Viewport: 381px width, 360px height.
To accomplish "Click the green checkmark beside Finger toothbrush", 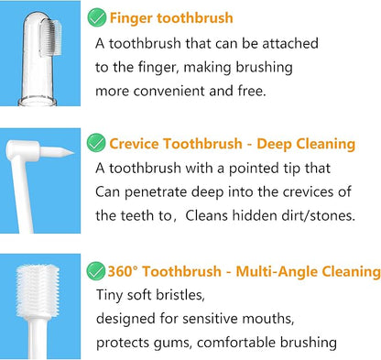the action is tap(96, 17).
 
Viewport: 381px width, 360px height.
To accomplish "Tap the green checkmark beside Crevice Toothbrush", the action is tap(96, 143).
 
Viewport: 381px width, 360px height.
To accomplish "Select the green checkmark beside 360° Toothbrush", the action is tap(96, 271).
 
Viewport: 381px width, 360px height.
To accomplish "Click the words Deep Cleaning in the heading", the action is tap(306, 144).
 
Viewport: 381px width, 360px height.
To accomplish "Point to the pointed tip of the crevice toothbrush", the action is tap(74, 152).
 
